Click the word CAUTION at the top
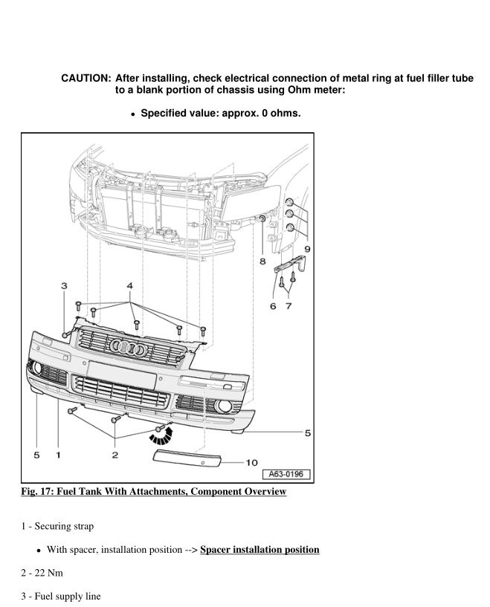pyautogui.click(x=86, y=79)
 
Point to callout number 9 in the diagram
pyautogui.click(x=307, y=248)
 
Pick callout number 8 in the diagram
pyautogui.click(x=262, y=262)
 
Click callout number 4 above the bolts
pyautogui.click(x=129, y=285)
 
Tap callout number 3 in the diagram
pyautogui.click(x=64, y=285)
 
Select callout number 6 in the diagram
pyautogui.click(x=273, y=306)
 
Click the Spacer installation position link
pyautogui.click(x=259, y=550)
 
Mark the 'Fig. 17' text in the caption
pyautogui.click(x=36, y=492)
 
